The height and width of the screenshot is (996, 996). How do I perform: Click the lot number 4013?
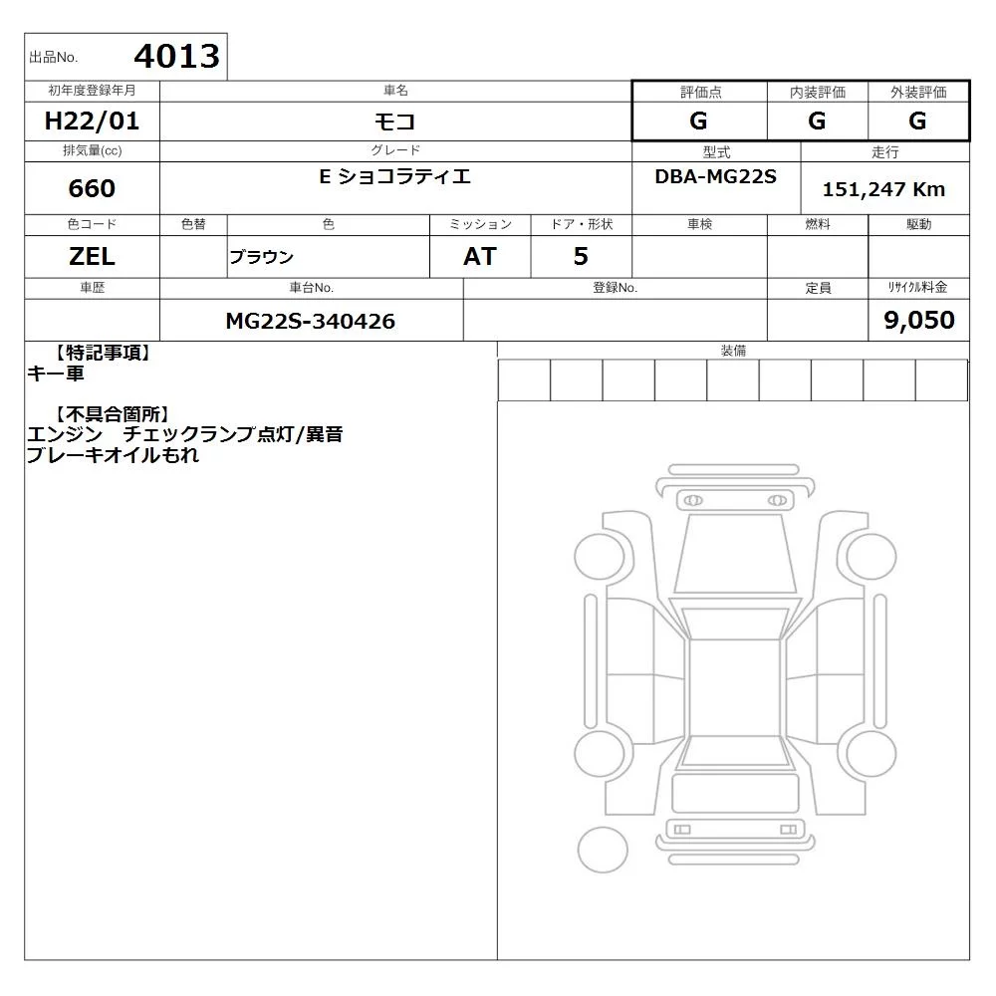pos(177,56)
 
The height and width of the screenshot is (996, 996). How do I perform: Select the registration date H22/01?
pos(92,121)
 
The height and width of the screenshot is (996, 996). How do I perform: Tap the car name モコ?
pos(394,122)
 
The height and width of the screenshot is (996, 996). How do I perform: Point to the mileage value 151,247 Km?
pos(883,189)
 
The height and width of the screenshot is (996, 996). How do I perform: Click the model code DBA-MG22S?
pos(715,176)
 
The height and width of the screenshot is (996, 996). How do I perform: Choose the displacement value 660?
pos(92,188)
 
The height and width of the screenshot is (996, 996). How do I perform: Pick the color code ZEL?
pos(92,257)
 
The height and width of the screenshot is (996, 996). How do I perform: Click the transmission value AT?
pos(480,257)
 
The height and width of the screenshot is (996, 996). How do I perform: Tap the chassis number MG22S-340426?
pos(311,322)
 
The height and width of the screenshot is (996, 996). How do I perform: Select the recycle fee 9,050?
pos(919,320)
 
